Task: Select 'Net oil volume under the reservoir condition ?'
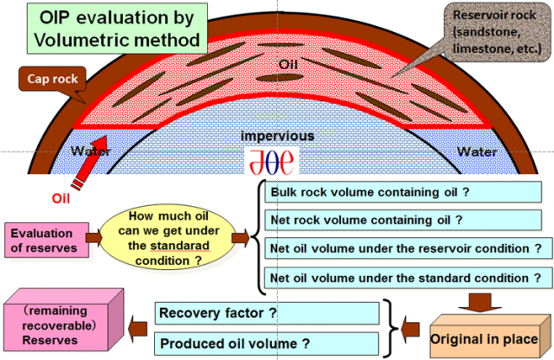point(406,248)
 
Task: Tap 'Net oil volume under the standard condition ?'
point(406,278)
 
